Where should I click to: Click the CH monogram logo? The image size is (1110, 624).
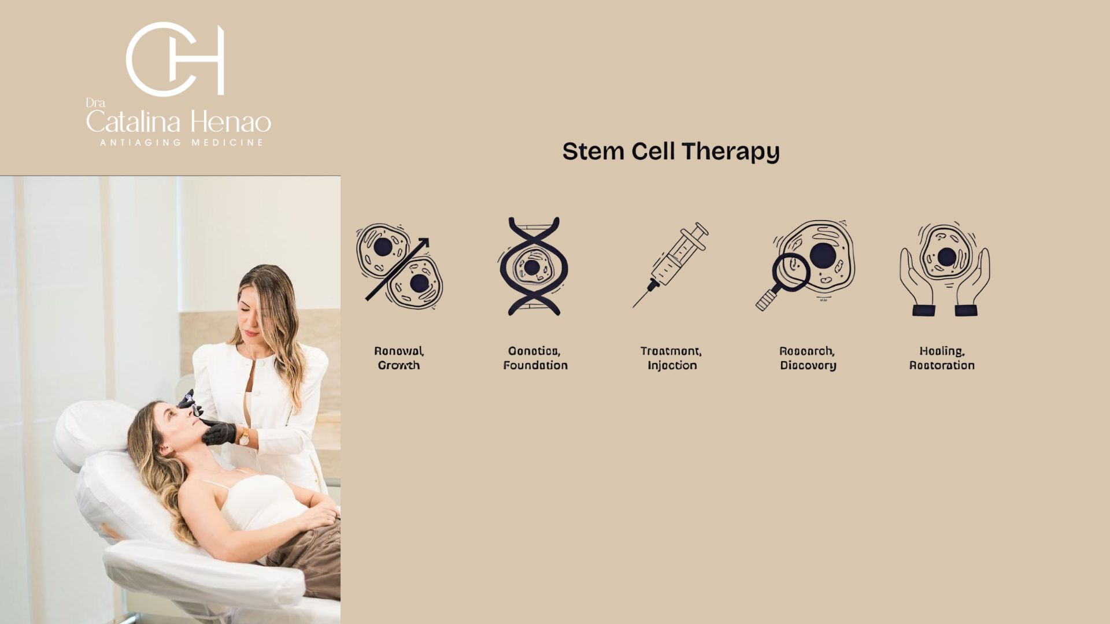pyautogui.click(x=175, y=59)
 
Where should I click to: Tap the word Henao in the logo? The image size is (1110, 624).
pyautogui.click(x=231, y=122)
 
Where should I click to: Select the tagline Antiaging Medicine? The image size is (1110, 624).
pyautogui.click(x=181, y=143)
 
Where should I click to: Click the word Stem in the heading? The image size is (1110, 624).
pyautogui.click(x=593, y=151)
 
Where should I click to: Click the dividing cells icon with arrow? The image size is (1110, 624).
pyautogui.click(x=399, y=266)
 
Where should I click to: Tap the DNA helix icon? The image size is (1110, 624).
pyautogui.click(x=533, y=266)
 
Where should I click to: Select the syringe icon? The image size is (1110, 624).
pyautogui.click(x=671, y=265)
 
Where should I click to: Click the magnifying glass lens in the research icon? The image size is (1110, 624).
pyautogui.click(x=790, y=272)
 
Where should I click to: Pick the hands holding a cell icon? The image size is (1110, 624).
pyautogui.click(x=944, y=269)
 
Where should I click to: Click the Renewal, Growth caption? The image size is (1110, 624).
pyautogui.click(x=399, y=358)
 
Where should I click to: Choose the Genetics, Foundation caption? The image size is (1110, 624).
pyautogui.click(x=535, y=358)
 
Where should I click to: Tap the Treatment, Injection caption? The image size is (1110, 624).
pyautogui.click(x=671, y=358)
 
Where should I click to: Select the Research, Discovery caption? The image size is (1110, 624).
pyautogui.click(x=808, y=358)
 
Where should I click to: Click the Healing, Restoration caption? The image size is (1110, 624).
pyautogui.click(x=942, y=358)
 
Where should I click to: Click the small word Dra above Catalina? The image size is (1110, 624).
pyautogui.click(x=95, y=103)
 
